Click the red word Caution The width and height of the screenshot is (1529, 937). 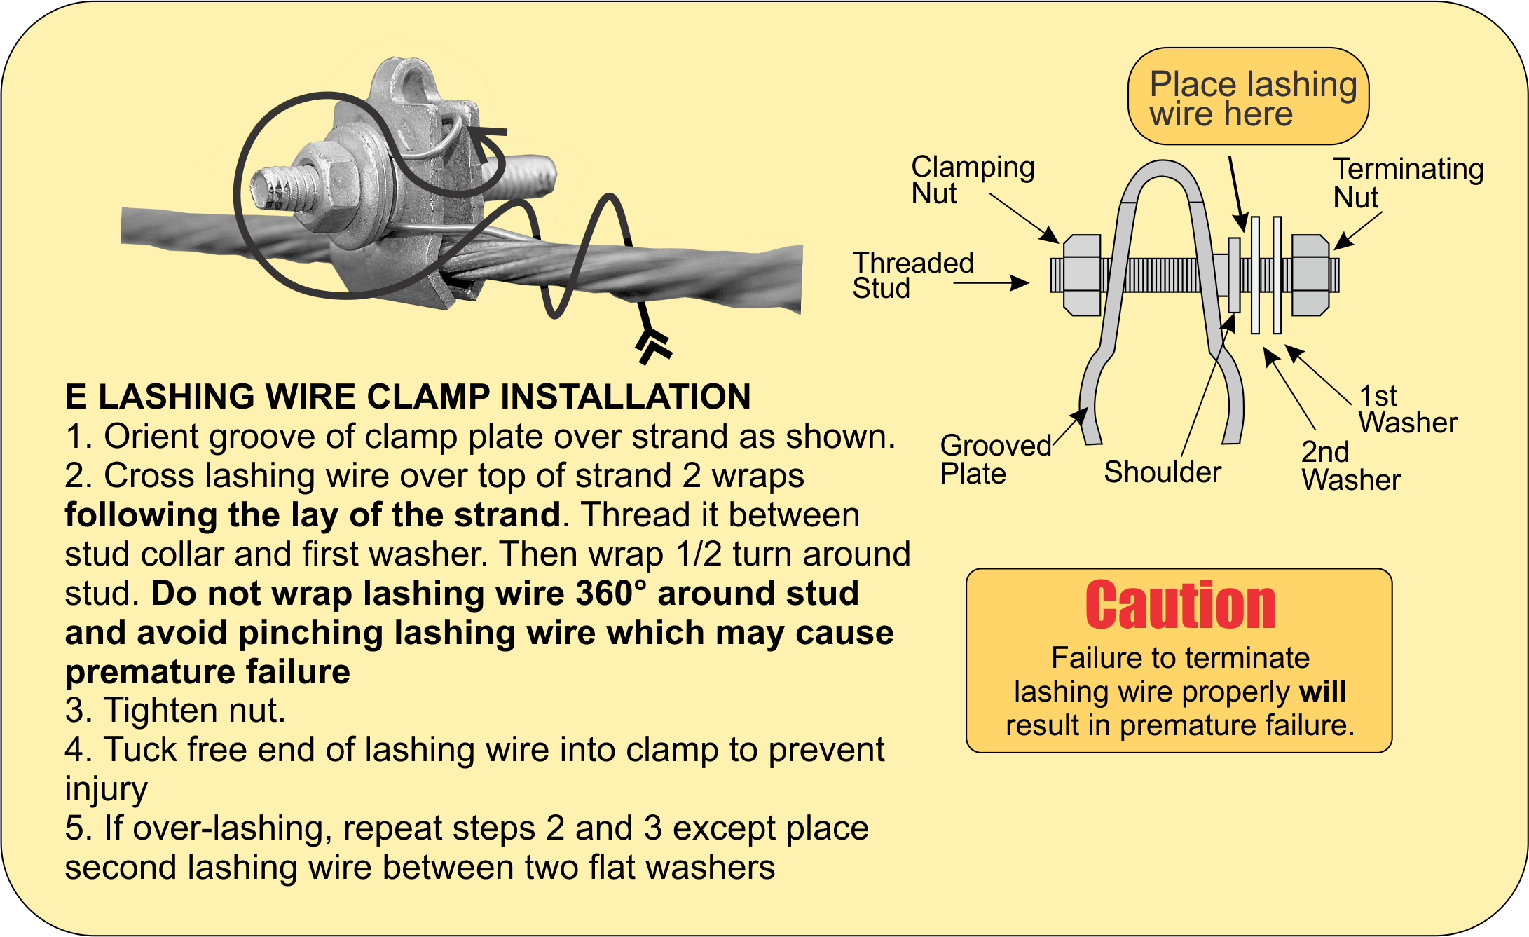coord(1180,606)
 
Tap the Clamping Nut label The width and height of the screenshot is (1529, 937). coord(972,180)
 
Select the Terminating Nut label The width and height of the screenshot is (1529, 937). coord(1408,183)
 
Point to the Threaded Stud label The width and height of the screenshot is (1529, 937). coord(912,275)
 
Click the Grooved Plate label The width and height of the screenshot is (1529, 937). coord(994,460)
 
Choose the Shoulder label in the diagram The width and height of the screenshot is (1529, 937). coord(1163,472)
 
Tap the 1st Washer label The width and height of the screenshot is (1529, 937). coord(1407,410)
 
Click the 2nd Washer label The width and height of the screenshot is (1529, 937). coord(1350,466)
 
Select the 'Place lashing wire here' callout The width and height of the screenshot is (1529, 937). coord(1248,97)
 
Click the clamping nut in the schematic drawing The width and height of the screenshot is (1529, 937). coord(1081,275)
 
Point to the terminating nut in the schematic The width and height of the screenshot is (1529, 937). coord(1310,275)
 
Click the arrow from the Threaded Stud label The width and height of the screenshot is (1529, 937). coord(991,283)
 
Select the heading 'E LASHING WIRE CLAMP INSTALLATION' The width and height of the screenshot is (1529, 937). coord(407,397)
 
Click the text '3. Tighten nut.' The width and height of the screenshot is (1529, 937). coord(175,711)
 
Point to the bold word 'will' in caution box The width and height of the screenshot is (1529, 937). coord(1322,692)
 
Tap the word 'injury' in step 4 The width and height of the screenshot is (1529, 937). coord(106,789)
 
